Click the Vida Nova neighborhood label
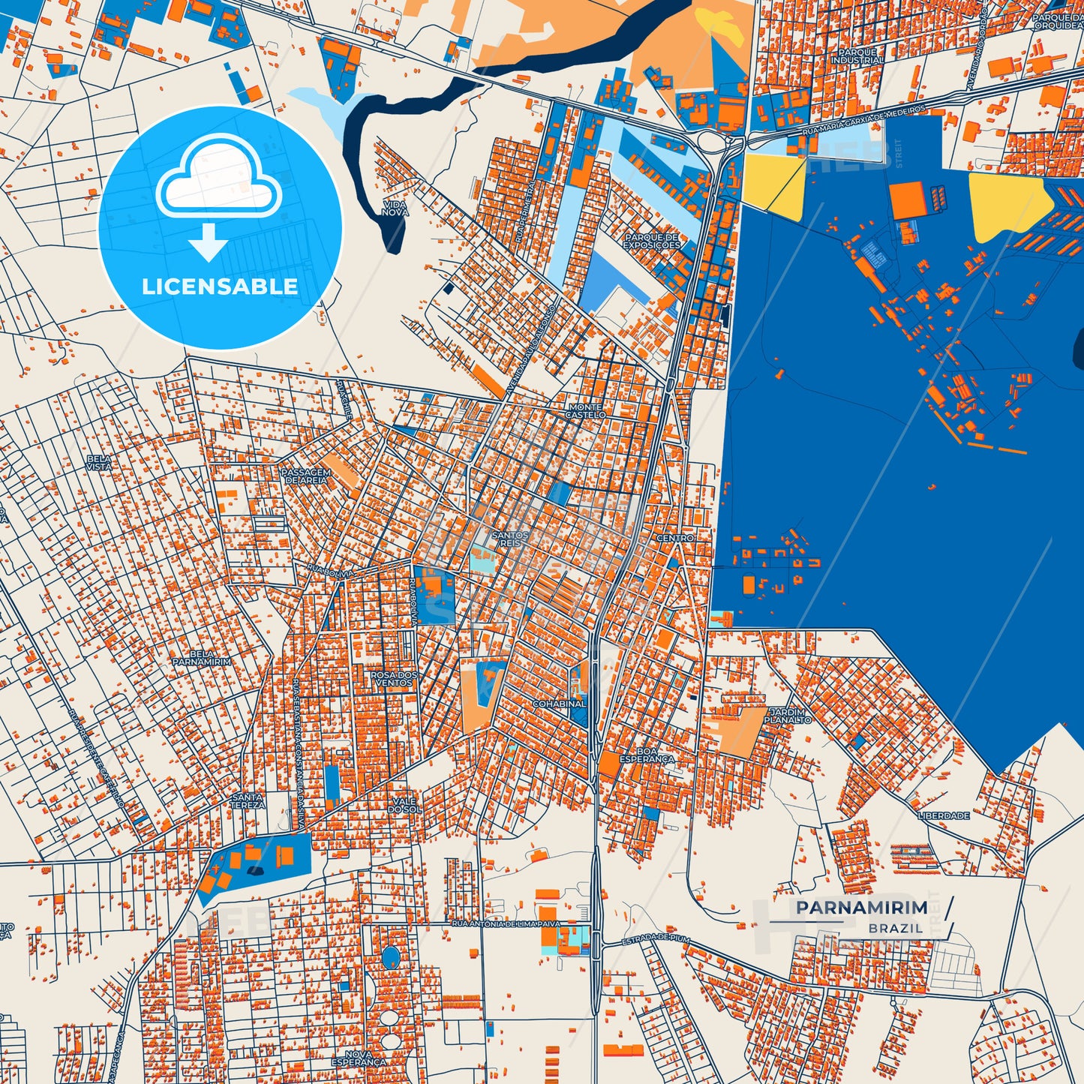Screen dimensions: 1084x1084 tap(395, 208)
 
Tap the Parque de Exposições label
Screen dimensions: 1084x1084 tap(652, 241)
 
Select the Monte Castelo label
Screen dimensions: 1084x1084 tap(585, 410)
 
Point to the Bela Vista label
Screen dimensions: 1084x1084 tap(99, 462)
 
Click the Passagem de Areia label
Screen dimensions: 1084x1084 tap(305, 476)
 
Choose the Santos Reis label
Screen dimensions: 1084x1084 tap(510, 539)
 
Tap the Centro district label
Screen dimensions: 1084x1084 tap(675, 538)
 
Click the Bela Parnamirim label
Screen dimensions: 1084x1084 tap(202, 658)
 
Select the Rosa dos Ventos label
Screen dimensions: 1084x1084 tap(394, 678)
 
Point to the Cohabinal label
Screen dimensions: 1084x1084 tap(559, 704)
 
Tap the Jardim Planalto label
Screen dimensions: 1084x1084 tap(788, 715)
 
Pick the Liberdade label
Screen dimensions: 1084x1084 tap(944, 815)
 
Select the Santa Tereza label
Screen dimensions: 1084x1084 tap(248, 800)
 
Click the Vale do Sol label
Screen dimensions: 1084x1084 tap(404, 805)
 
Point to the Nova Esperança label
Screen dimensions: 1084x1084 tap(359, 1058)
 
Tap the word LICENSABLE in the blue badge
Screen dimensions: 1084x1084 tap(220, 286)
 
